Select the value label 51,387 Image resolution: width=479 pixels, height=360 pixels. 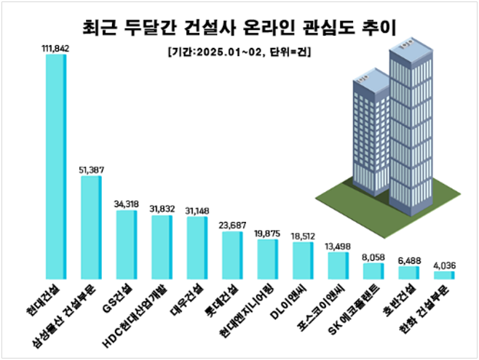(x=92, y=169)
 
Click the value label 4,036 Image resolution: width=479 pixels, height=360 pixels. (x=443, y=265)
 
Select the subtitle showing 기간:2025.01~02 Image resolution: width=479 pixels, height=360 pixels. (x=239, y=52)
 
